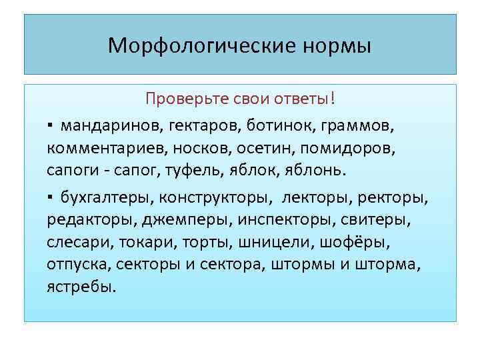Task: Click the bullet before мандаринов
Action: (51, 125)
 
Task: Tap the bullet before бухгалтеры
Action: (51, 199)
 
